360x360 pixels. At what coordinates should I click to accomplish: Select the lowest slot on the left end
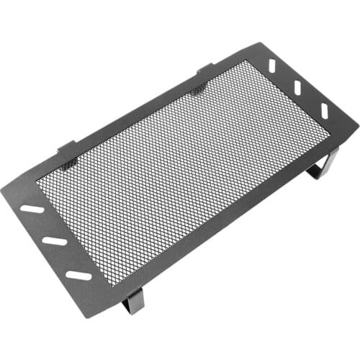pos(78,274)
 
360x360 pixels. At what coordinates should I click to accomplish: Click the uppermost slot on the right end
pos(274,66)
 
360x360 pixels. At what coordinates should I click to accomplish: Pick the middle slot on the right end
pos(297,87)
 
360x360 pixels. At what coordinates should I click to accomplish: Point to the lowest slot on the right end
pos(324,110)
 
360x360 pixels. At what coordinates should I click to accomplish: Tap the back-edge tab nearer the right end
pos(204,69)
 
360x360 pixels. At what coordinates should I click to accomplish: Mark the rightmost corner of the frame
pos(357,123)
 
